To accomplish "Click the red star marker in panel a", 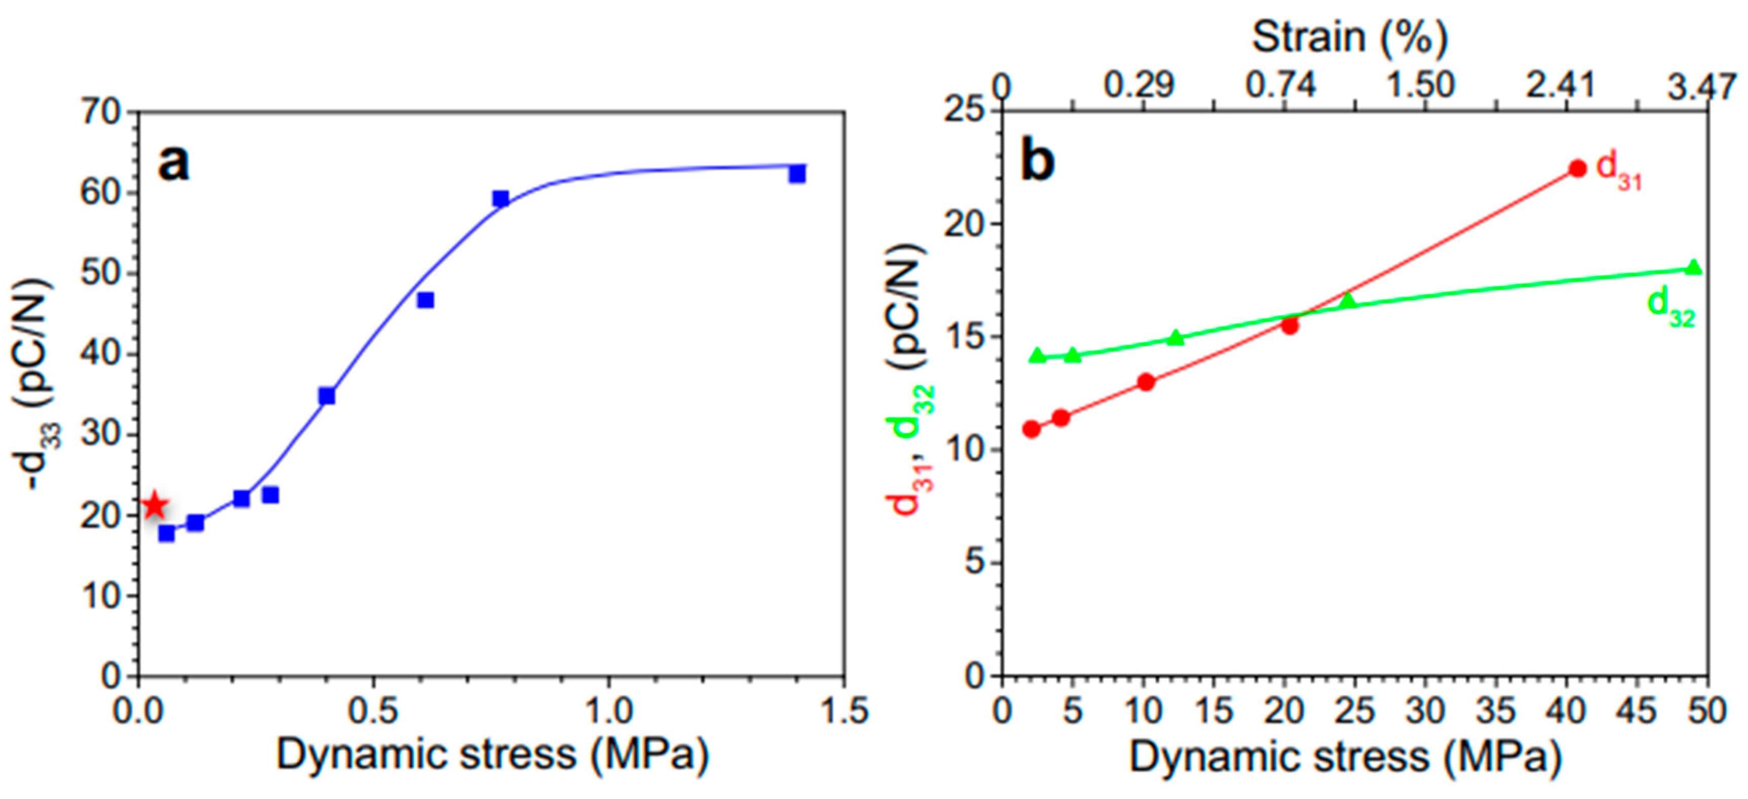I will point(155,505).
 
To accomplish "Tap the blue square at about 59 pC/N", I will point(501,198).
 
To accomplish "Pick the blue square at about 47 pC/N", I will point(425,300).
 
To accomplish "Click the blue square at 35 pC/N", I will point(327,396).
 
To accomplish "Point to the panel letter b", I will point(1038,163).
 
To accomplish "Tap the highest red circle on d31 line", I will point(1578,168).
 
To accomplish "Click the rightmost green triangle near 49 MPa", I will point(1694,267).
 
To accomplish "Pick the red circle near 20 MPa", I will point(1290,326).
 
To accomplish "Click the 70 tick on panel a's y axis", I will point(101,113).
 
